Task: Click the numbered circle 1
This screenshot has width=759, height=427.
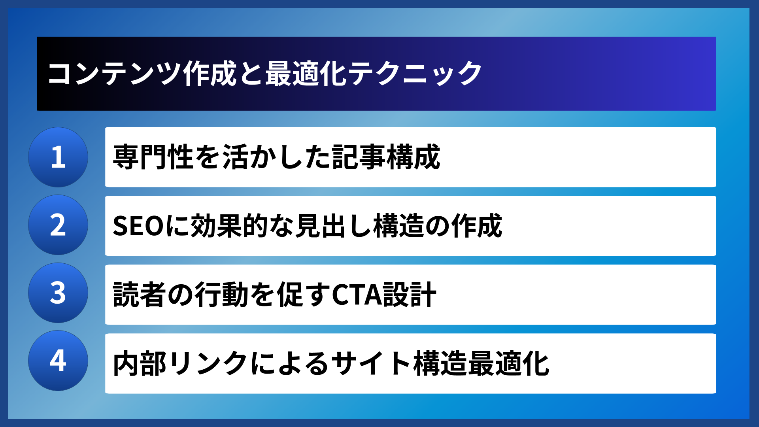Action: point(58,157)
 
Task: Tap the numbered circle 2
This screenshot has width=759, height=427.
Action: point(58,225)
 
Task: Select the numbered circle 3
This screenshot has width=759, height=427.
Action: point(58,293)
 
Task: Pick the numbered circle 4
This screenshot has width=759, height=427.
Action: point(58,361)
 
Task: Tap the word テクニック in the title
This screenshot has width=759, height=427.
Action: point(415,74)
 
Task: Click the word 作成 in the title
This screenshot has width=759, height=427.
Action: point(210,74)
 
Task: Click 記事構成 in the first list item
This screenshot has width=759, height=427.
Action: point(386,157)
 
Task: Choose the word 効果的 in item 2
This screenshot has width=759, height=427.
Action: point(229,226)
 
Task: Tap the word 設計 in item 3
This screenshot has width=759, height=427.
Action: point(410,295)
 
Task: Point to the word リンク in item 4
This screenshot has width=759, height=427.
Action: point(209,363)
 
